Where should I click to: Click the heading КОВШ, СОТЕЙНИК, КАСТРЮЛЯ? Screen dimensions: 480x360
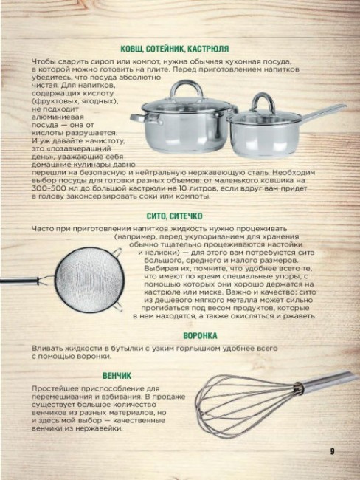[x=180, y=47]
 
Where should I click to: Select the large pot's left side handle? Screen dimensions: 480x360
[x=136, y=117]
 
